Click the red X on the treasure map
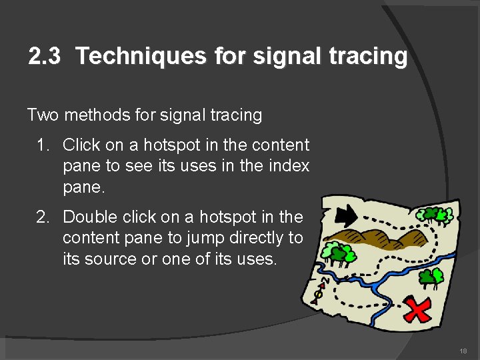click(417, 310)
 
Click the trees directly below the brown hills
click(338, 253)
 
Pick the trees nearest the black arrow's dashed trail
click(437, 215)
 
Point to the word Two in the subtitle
click(43, 115)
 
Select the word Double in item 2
click(92, 217)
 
